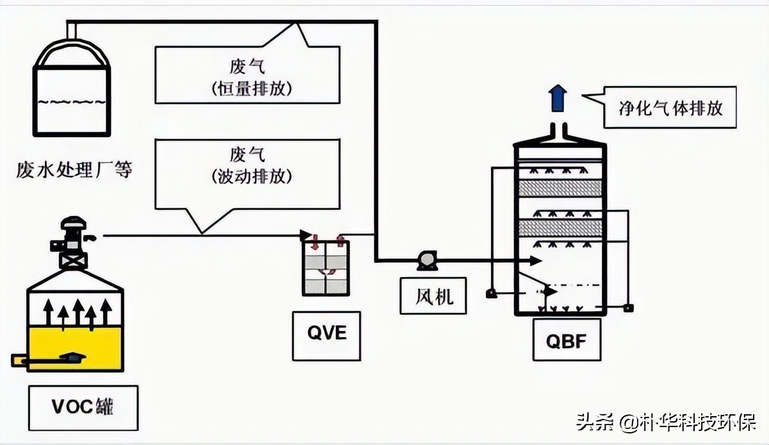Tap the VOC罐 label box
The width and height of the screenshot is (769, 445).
click(84, 407)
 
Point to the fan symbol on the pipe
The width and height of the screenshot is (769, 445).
click(425, 260)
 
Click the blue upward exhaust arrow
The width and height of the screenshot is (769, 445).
click(558, 99)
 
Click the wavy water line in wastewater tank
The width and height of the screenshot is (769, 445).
click(71, 101)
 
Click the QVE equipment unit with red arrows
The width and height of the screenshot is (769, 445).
click(326, 264)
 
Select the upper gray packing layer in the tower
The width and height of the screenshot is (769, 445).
click(559, 188)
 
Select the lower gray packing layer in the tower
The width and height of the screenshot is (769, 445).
click(559, 228)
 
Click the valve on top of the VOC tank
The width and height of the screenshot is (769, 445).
click(73, 242)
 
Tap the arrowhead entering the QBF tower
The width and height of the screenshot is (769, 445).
click(536, 260)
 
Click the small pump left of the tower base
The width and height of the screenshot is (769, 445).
click(492, 294)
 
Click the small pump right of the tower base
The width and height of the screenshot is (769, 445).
click(628, 308)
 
